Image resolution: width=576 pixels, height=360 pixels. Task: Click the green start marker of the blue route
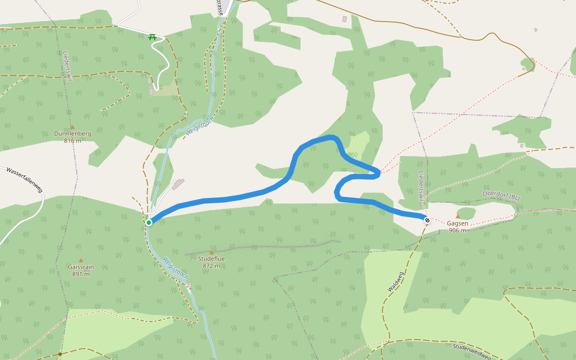(x=149, y=223)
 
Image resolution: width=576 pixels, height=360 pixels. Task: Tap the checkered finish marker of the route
(x=427, y=220)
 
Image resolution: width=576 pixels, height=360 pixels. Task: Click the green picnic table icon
(x=152, y=37)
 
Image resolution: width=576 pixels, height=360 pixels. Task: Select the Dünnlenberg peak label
(x=73, y=134)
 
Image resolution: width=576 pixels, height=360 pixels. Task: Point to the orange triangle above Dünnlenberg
(x=73, y=127)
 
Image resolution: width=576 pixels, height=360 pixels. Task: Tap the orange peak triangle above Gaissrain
(x=81, y=260)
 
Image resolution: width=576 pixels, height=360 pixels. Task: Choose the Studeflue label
(x=211, y=259)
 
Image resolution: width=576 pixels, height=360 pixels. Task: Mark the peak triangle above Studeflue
(x=211, y=252)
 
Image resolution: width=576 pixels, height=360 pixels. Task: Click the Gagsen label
(x=457, y=223)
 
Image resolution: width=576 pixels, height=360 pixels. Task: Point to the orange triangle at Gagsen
(x=458, y=217)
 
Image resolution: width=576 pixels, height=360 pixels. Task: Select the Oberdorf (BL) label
(x=501, y=196)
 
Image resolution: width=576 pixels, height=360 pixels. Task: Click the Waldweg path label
(x=395, y=281)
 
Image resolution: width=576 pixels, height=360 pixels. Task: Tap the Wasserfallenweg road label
(x=25, y=179)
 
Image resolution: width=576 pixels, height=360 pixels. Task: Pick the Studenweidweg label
(x=472, y=352)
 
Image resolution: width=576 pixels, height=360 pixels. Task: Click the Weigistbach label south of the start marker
(x=175, y=268)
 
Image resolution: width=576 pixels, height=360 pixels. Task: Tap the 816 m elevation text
(x=73, y=141)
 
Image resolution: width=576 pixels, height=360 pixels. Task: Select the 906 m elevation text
(x=457, y=230)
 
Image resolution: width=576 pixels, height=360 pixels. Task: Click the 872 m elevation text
(x=211, y=265)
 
